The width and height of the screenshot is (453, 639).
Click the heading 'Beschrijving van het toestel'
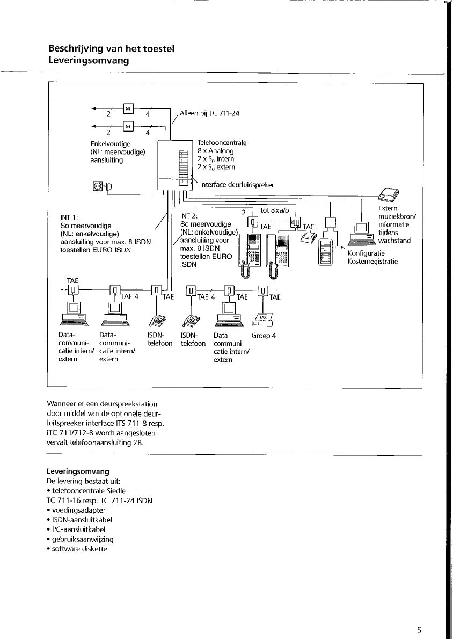[x=112, y=49]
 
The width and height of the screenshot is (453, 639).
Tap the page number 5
[x=419, y=630]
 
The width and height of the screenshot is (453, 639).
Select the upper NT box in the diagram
[x=128, y=108]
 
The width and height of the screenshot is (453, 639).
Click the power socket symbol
[x=98, y=186]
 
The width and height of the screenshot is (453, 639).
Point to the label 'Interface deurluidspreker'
[x=237, y=185]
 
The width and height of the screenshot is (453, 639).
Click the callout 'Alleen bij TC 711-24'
[x=209, y=113]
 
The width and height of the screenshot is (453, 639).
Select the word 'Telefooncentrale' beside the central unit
[x=222, y=143]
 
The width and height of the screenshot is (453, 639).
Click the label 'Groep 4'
[x=264, y=336]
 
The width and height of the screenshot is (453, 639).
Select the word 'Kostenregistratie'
[x=373, y=262]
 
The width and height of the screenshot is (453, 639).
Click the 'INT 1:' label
[x=71, y=217]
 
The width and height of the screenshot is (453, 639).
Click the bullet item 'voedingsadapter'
[x=78, y=510]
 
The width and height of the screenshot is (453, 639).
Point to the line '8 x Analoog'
[x=215, y=151]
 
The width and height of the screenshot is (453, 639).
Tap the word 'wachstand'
[x=394, y=241]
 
